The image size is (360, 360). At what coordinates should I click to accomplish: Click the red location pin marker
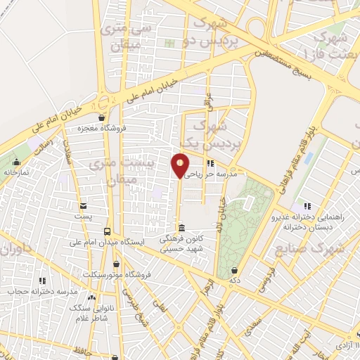180,166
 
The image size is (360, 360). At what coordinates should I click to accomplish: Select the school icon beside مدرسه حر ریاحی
212,164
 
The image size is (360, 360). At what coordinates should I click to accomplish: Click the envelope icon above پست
84,206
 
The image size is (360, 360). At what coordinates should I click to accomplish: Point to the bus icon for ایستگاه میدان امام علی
108,231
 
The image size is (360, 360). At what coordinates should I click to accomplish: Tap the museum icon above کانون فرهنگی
182,229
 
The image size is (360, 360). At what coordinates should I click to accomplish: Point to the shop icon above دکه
234,270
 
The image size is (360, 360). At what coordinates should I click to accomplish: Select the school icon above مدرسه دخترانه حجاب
41,281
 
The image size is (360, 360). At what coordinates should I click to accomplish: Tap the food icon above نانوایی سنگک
91,298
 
